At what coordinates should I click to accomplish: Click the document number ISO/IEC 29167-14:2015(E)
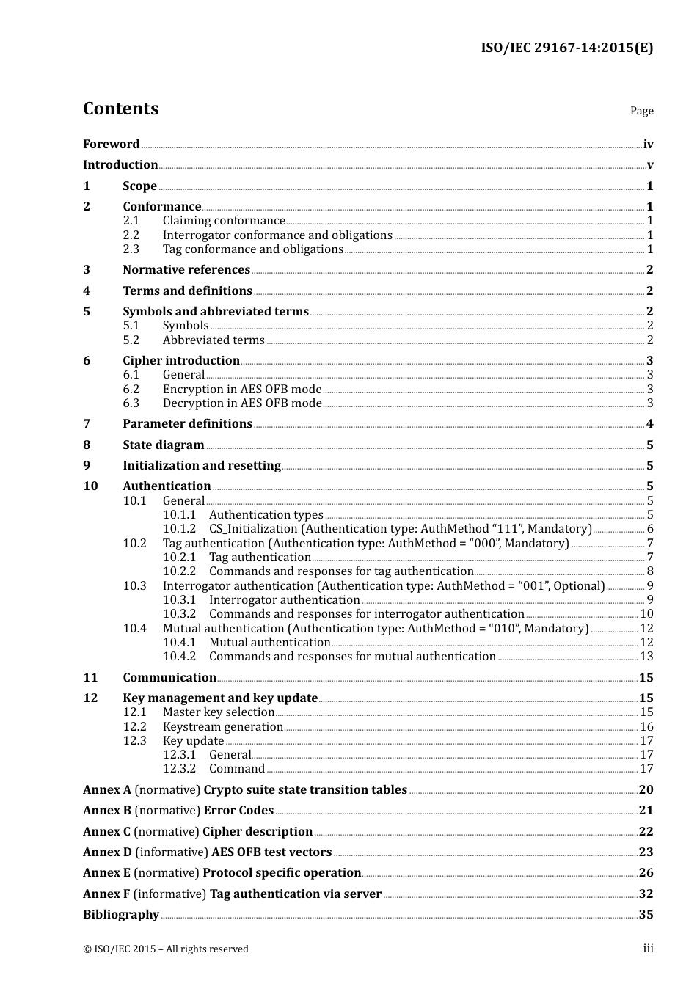(x=566, y=48)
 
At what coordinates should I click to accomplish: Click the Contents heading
(x=120, y=109)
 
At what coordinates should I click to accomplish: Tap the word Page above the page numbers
(x=641, y=111)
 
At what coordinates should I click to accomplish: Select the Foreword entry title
(x=111, y=145)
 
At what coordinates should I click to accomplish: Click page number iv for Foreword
(x=648, y=145)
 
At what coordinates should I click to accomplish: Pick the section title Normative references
(x=186, y=270)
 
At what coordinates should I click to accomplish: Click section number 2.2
(x=131, y=235)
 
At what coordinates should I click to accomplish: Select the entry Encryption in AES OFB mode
(x=242, y=390)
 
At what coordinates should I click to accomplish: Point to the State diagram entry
(x=164, y=445)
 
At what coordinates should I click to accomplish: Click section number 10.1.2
(x=179, y=529)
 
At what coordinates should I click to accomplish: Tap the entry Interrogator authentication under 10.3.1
(x=284, y=600)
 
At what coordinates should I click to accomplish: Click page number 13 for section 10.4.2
(x=646, y=657)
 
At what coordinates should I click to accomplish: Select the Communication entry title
(x=169, y=678)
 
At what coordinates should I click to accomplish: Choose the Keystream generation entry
(x=223, y=727)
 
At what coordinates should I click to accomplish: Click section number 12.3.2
(x=179, y=769)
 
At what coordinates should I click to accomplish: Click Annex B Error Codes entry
(x=178, y=811)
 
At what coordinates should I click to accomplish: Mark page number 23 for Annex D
(x=646, y=852)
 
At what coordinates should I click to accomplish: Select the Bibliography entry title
(x=121, y=915)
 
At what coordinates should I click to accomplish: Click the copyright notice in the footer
(x=166, y=949)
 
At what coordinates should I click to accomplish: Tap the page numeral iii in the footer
(x=648, y=949)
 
